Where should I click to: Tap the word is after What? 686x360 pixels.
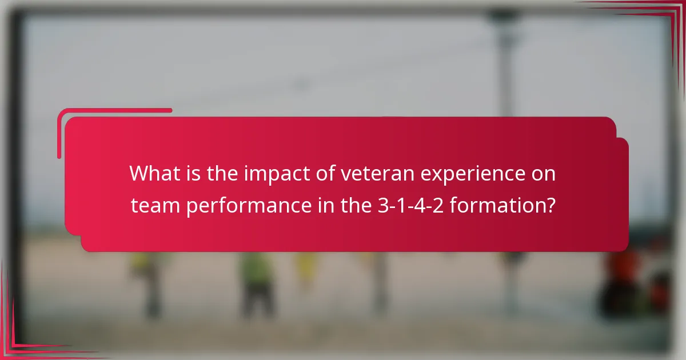point(192,173)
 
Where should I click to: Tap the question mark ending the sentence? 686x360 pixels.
point(550,205)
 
